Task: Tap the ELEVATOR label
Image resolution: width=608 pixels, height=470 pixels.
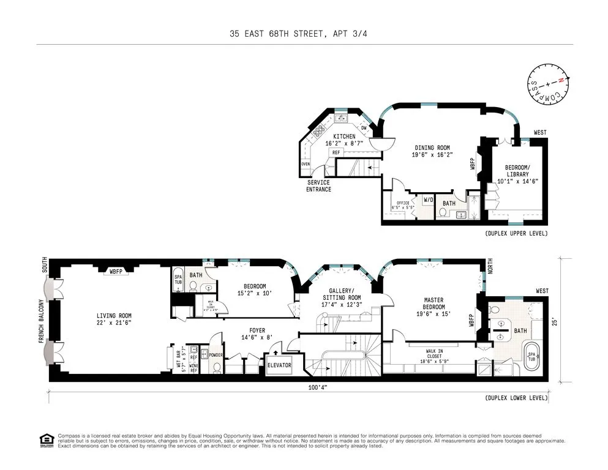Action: coord(279,365)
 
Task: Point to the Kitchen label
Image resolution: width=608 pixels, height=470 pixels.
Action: coord(344,140)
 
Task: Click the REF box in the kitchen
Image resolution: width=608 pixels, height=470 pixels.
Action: coord(336,152)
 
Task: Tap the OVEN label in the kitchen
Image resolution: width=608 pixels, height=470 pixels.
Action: coord(306,164)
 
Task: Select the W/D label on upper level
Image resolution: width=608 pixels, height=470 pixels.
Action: coord(428,200)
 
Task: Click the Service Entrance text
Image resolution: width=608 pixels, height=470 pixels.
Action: coord(318,185)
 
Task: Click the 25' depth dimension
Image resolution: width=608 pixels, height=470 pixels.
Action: coord(554,319)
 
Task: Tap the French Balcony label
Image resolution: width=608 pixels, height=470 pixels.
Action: coord(42,321)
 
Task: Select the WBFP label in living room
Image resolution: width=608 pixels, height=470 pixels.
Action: coord(115,270)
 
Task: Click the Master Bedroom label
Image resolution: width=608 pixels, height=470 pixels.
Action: coord(434,304)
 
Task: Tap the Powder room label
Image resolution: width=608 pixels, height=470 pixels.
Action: coord(216,354)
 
